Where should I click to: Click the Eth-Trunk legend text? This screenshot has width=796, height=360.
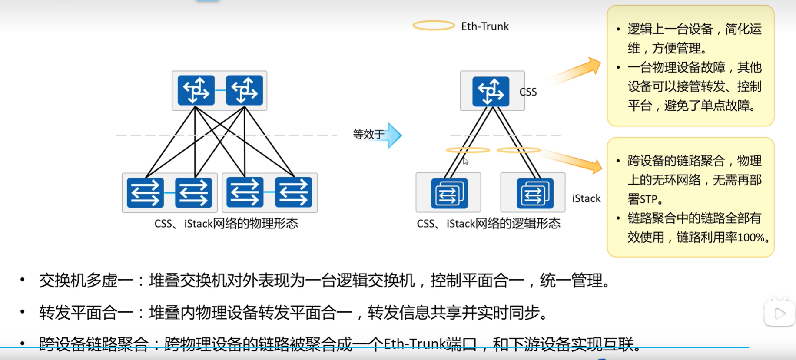(x=484, y=26)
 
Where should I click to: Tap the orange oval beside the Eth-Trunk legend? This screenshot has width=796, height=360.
(x=433, y=26)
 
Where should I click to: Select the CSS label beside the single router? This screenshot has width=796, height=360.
(x=528, y=92)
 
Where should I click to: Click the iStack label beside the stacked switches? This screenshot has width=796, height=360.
(x=586, y=198)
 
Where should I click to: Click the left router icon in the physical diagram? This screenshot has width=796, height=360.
(x=196, y=90)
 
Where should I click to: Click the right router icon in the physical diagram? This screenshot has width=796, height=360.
(x=244, y=90)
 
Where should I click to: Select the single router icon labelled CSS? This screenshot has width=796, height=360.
(x=491, y=91)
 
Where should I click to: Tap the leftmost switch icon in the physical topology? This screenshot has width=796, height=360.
(x=145, y=192)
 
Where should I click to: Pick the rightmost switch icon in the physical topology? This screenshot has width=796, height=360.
(x=294, y=192)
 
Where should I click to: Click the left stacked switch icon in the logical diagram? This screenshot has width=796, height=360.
(x=449, y=193)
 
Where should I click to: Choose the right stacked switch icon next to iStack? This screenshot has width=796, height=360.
(x=535, y=193)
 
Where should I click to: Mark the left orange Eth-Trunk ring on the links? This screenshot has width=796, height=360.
(x=468, y=150)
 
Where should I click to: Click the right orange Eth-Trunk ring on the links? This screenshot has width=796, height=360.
(x=519, y=150)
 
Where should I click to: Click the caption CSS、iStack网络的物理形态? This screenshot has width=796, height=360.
(x=226, y=224)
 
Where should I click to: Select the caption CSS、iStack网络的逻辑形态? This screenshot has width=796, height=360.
(x=488, y=224)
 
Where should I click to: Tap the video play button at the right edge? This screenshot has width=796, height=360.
(x=779, y=313)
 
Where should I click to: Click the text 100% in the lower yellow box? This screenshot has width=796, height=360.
(x=751, y=238)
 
